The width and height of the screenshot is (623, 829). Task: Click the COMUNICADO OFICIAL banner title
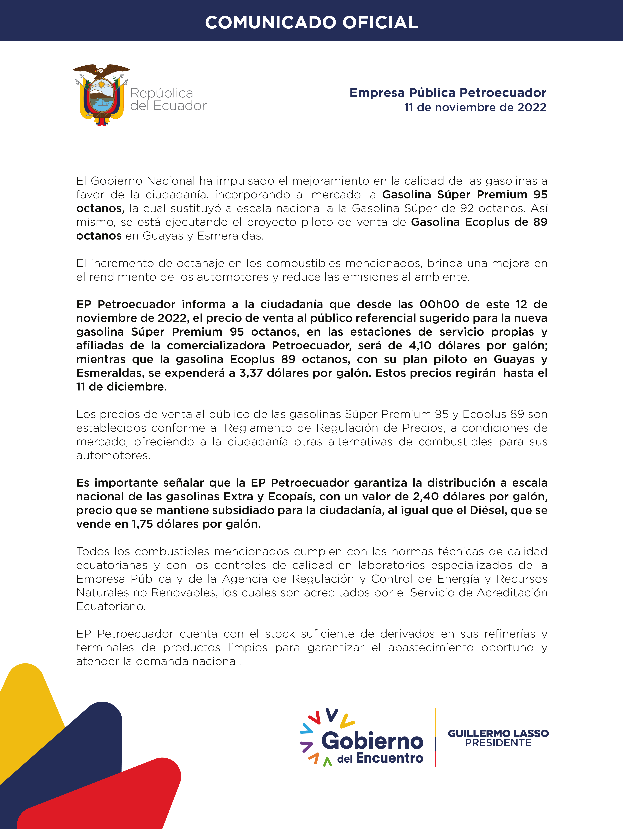(311, 23)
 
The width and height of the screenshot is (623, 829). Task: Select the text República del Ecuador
(168, 99)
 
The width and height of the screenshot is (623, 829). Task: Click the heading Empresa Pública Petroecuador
(448, 93)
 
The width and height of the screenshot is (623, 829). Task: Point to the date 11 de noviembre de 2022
(475, 108)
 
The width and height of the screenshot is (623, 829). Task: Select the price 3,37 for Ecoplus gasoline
(251, 373)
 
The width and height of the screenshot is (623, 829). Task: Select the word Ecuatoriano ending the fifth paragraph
(111, 606)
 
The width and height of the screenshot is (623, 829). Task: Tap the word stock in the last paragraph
(279, 634)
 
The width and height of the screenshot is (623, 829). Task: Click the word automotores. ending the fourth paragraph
(113, 455)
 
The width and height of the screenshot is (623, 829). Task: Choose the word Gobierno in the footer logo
(372, 741)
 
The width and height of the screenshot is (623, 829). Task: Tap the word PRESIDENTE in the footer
(498, 743)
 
